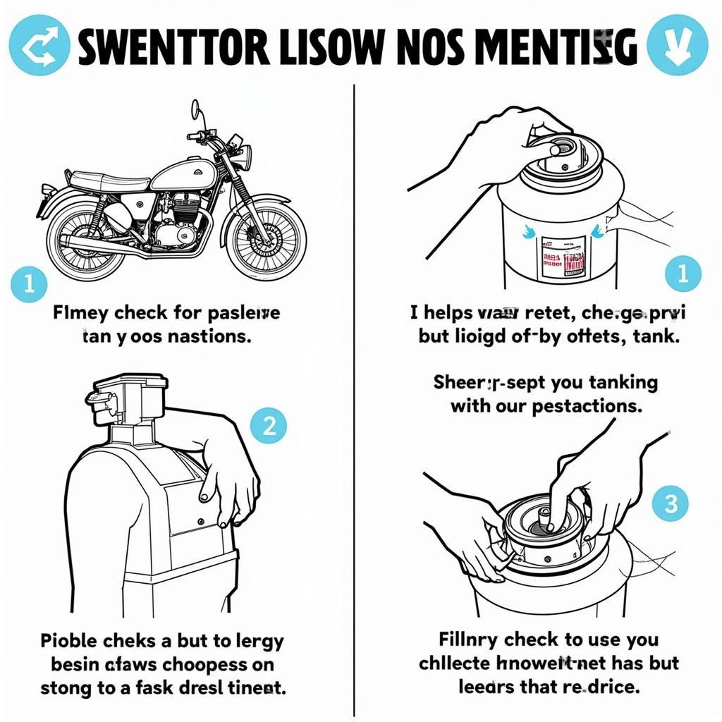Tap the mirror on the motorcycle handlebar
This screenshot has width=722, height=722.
[x=195, y=109]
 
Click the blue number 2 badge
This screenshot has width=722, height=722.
[x=269, y=425]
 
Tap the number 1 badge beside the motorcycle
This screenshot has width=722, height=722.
[x=29, y=284]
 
